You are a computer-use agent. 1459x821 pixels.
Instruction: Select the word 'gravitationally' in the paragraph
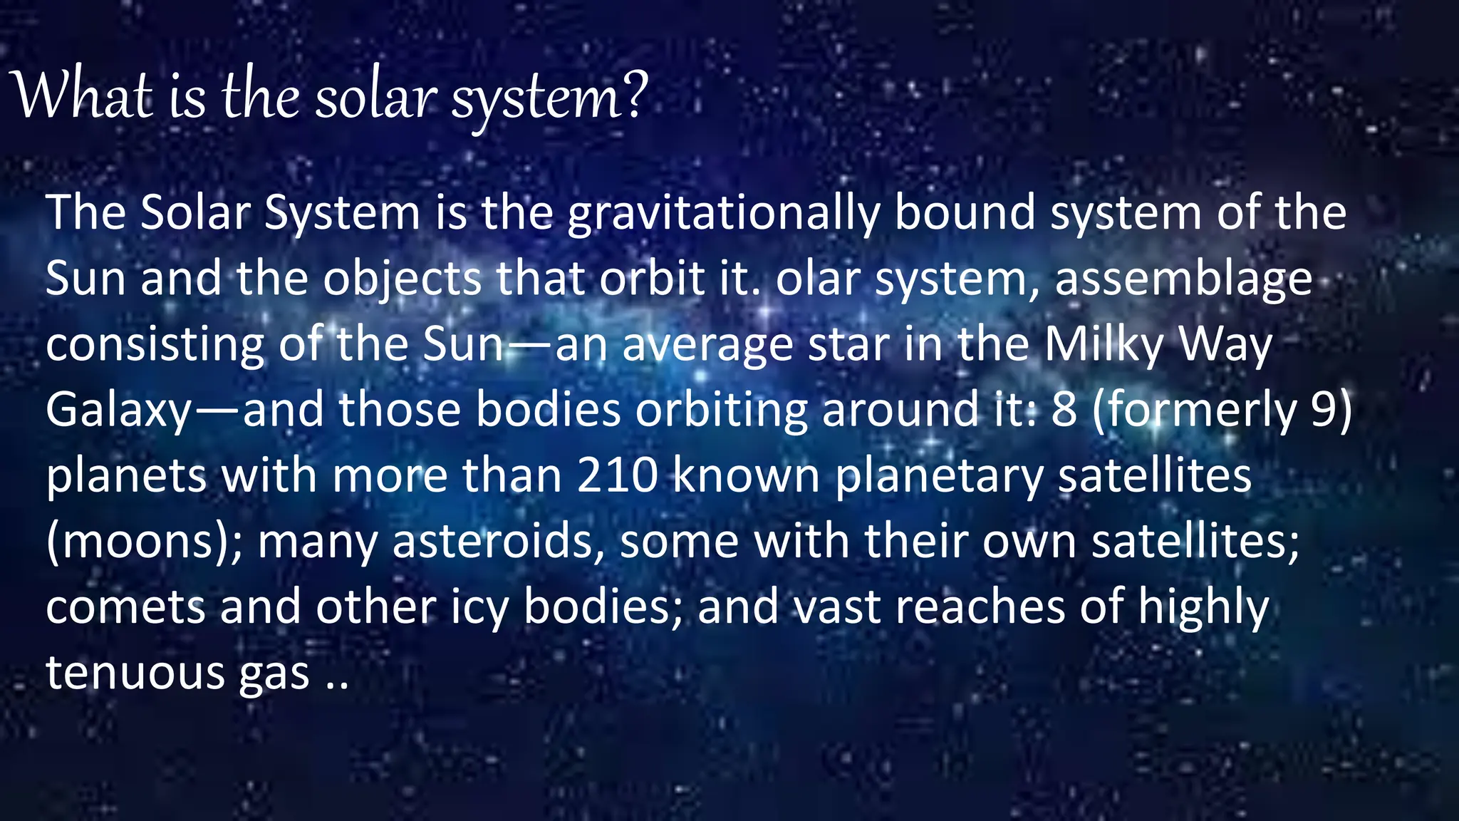[x=723, y=214]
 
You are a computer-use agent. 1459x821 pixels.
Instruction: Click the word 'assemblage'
[x=1183, y=279]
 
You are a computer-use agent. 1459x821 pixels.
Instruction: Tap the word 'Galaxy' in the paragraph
[x=118, y=412]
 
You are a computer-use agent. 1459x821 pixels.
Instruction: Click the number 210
[x=617, y=476]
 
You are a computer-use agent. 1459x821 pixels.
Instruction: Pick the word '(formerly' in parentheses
[x=1194, y=411]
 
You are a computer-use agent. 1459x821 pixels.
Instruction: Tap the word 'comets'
[x=125, y=608]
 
